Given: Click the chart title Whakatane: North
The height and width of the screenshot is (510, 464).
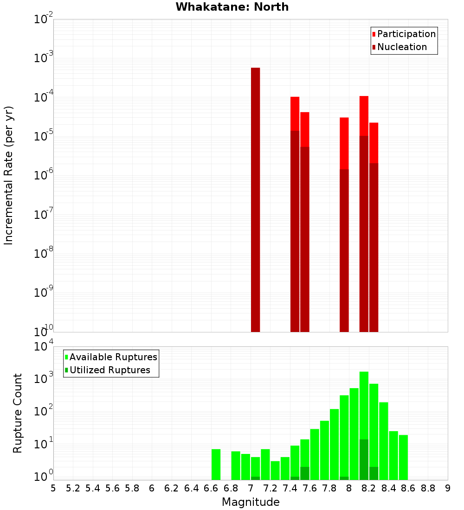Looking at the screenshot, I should tap(232, 7).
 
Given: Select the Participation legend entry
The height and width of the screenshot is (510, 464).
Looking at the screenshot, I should tap(404, 34).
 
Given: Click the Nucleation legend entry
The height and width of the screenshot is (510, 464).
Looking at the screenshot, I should tap(399, 47).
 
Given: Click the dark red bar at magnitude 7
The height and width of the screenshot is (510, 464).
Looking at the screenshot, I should tap(255, 199).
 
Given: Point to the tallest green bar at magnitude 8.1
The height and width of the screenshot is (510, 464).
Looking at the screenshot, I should tap(364, 417).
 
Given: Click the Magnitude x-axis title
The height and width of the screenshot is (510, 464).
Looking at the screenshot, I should tap(251, 502).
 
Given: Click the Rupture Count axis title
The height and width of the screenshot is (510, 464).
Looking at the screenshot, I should tap(18, 413).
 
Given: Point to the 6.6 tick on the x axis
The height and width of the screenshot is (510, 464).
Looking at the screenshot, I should tap(211, 488).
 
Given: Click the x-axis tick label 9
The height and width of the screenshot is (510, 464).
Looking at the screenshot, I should tap(448, 488).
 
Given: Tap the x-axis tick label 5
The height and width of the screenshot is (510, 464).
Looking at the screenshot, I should tap(53, 488).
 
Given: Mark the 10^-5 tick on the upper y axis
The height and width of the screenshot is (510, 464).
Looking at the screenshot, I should tap(44, 136).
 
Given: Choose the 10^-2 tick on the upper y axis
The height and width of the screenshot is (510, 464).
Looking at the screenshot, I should tap(44, 19).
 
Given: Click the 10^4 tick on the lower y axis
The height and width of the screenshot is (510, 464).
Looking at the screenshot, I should tap(44, 347).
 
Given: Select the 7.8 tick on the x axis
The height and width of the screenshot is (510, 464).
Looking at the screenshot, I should tap(329, 488).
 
